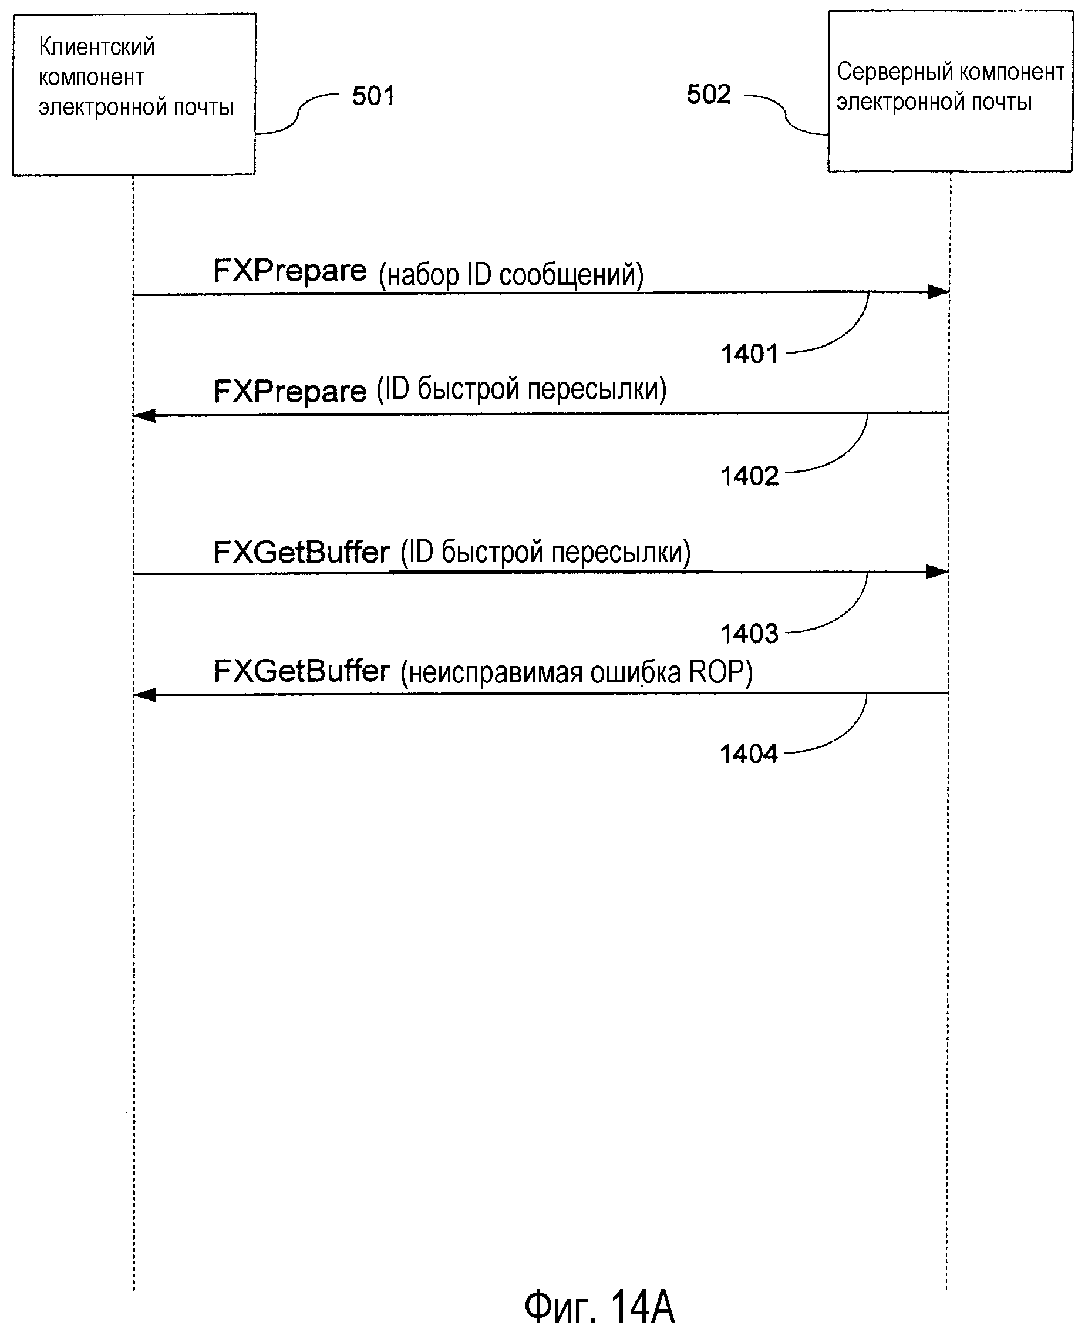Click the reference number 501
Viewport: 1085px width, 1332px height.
[373, 96]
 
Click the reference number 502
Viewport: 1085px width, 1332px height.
[708, 95]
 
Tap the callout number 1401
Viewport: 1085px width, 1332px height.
[749, 354]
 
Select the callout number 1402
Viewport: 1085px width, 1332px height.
[749, 476]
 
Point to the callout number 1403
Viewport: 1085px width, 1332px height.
[749, 634]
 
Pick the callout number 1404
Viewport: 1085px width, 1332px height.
[749, 754]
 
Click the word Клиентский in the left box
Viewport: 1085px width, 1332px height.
[97, 48]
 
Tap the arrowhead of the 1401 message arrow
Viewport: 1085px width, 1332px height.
[938, 292]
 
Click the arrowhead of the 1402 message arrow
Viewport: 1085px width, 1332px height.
[145, 416]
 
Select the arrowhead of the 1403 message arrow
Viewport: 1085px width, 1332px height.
[937, 572]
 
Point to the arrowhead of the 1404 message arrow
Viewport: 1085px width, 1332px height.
[145, 695]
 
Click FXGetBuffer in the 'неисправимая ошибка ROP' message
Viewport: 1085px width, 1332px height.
[302, 672]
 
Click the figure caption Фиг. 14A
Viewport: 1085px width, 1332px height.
[599, 1306]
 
